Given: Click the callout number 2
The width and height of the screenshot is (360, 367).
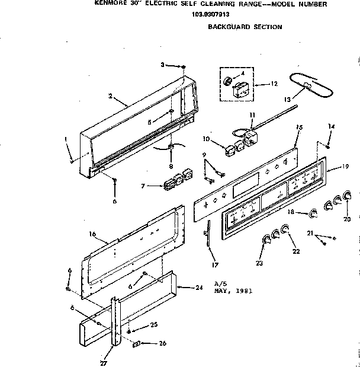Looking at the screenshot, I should tap(111, 95).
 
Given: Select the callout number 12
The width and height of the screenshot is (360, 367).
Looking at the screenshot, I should tap(274, 84).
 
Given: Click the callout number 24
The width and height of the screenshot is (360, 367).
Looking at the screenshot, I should tap(199, 288).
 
